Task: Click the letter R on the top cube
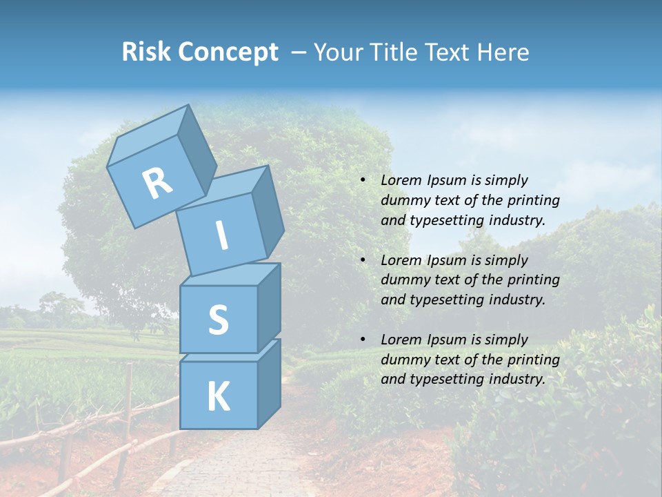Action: pyautogui.click(x=157, y=183)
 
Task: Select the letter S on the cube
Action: pyautogui.click(x=218, y=320)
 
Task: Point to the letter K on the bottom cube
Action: pyautogui.click(x=218, y=396)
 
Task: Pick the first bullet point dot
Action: pyautogui.click(x=363, y=181)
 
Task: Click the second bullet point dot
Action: pyautogui.click(x=363, y=260)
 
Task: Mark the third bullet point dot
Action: pyautogui.click(x=363, y=340)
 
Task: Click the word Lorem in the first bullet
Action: pyautogui.click(x=399, y=180)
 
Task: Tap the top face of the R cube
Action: pyautogui.click(x=148, y=137)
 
